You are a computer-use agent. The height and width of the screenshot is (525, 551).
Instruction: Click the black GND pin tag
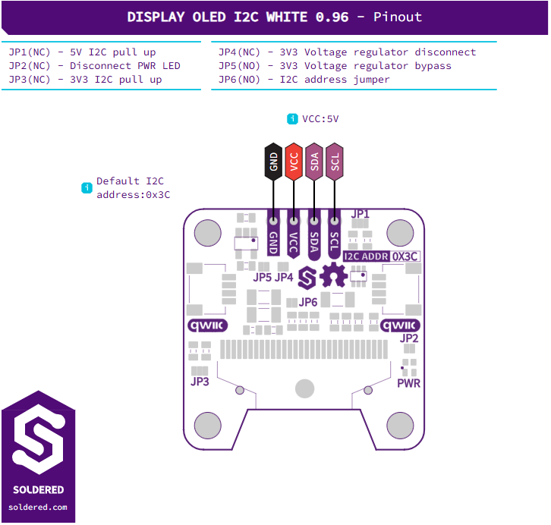273,162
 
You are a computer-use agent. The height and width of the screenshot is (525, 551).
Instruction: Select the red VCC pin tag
294,162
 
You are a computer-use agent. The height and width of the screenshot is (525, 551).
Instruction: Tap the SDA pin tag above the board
314,162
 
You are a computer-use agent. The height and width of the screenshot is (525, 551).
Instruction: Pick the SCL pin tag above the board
335,162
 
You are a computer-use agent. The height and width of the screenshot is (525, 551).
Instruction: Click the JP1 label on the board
361,214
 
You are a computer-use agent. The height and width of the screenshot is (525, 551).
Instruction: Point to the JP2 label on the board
409,338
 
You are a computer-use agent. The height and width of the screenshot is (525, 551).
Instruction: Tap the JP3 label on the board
200,382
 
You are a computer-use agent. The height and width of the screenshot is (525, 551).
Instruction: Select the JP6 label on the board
308,302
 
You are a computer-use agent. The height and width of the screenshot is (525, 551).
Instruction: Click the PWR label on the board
408,383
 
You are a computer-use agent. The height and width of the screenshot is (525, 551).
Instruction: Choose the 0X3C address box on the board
405,256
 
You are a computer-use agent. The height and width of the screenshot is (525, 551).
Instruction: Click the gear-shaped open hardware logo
333,275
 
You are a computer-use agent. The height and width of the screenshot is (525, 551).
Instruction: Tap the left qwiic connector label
208,325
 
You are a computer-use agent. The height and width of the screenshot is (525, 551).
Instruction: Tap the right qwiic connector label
400,325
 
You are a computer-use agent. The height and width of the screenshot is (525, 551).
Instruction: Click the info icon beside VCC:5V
292,119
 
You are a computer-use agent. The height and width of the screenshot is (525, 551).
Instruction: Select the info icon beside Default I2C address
87,188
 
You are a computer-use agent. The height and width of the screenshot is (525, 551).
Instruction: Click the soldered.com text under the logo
38,507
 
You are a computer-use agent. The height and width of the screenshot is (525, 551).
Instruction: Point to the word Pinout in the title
398,17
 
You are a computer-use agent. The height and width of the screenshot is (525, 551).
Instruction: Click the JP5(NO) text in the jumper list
239,66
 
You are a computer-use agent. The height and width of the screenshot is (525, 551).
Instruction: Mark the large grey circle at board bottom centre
304,388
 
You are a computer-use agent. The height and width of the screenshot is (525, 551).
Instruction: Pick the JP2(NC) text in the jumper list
30,66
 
